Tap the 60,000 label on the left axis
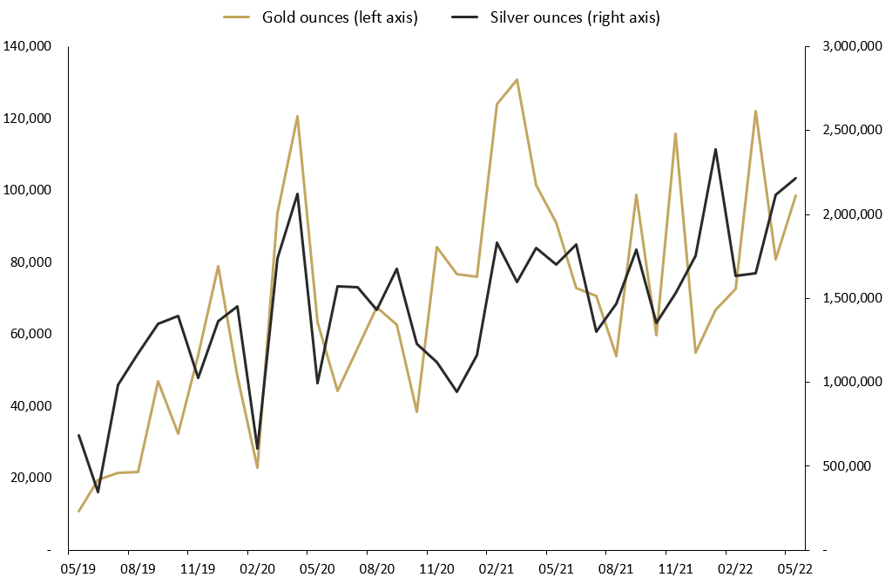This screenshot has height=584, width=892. tap(30, 334)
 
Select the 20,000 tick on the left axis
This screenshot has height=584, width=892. tap(30, 478)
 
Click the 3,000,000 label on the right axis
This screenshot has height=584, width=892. tap(848, 46)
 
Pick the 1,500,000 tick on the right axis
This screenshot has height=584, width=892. tap(848, 298)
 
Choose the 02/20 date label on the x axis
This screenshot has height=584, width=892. tap(248, 569)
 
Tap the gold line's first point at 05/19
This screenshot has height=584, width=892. tap(78, 512)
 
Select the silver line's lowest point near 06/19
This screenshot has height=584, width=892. tap(98, 492)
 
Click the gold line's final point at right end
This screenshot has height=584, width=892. tap(795, 195)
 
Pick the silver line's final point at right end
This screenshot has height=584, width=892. tap(795, 178)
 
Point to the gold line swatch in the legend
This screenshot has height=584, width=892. tap(236, 18)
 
